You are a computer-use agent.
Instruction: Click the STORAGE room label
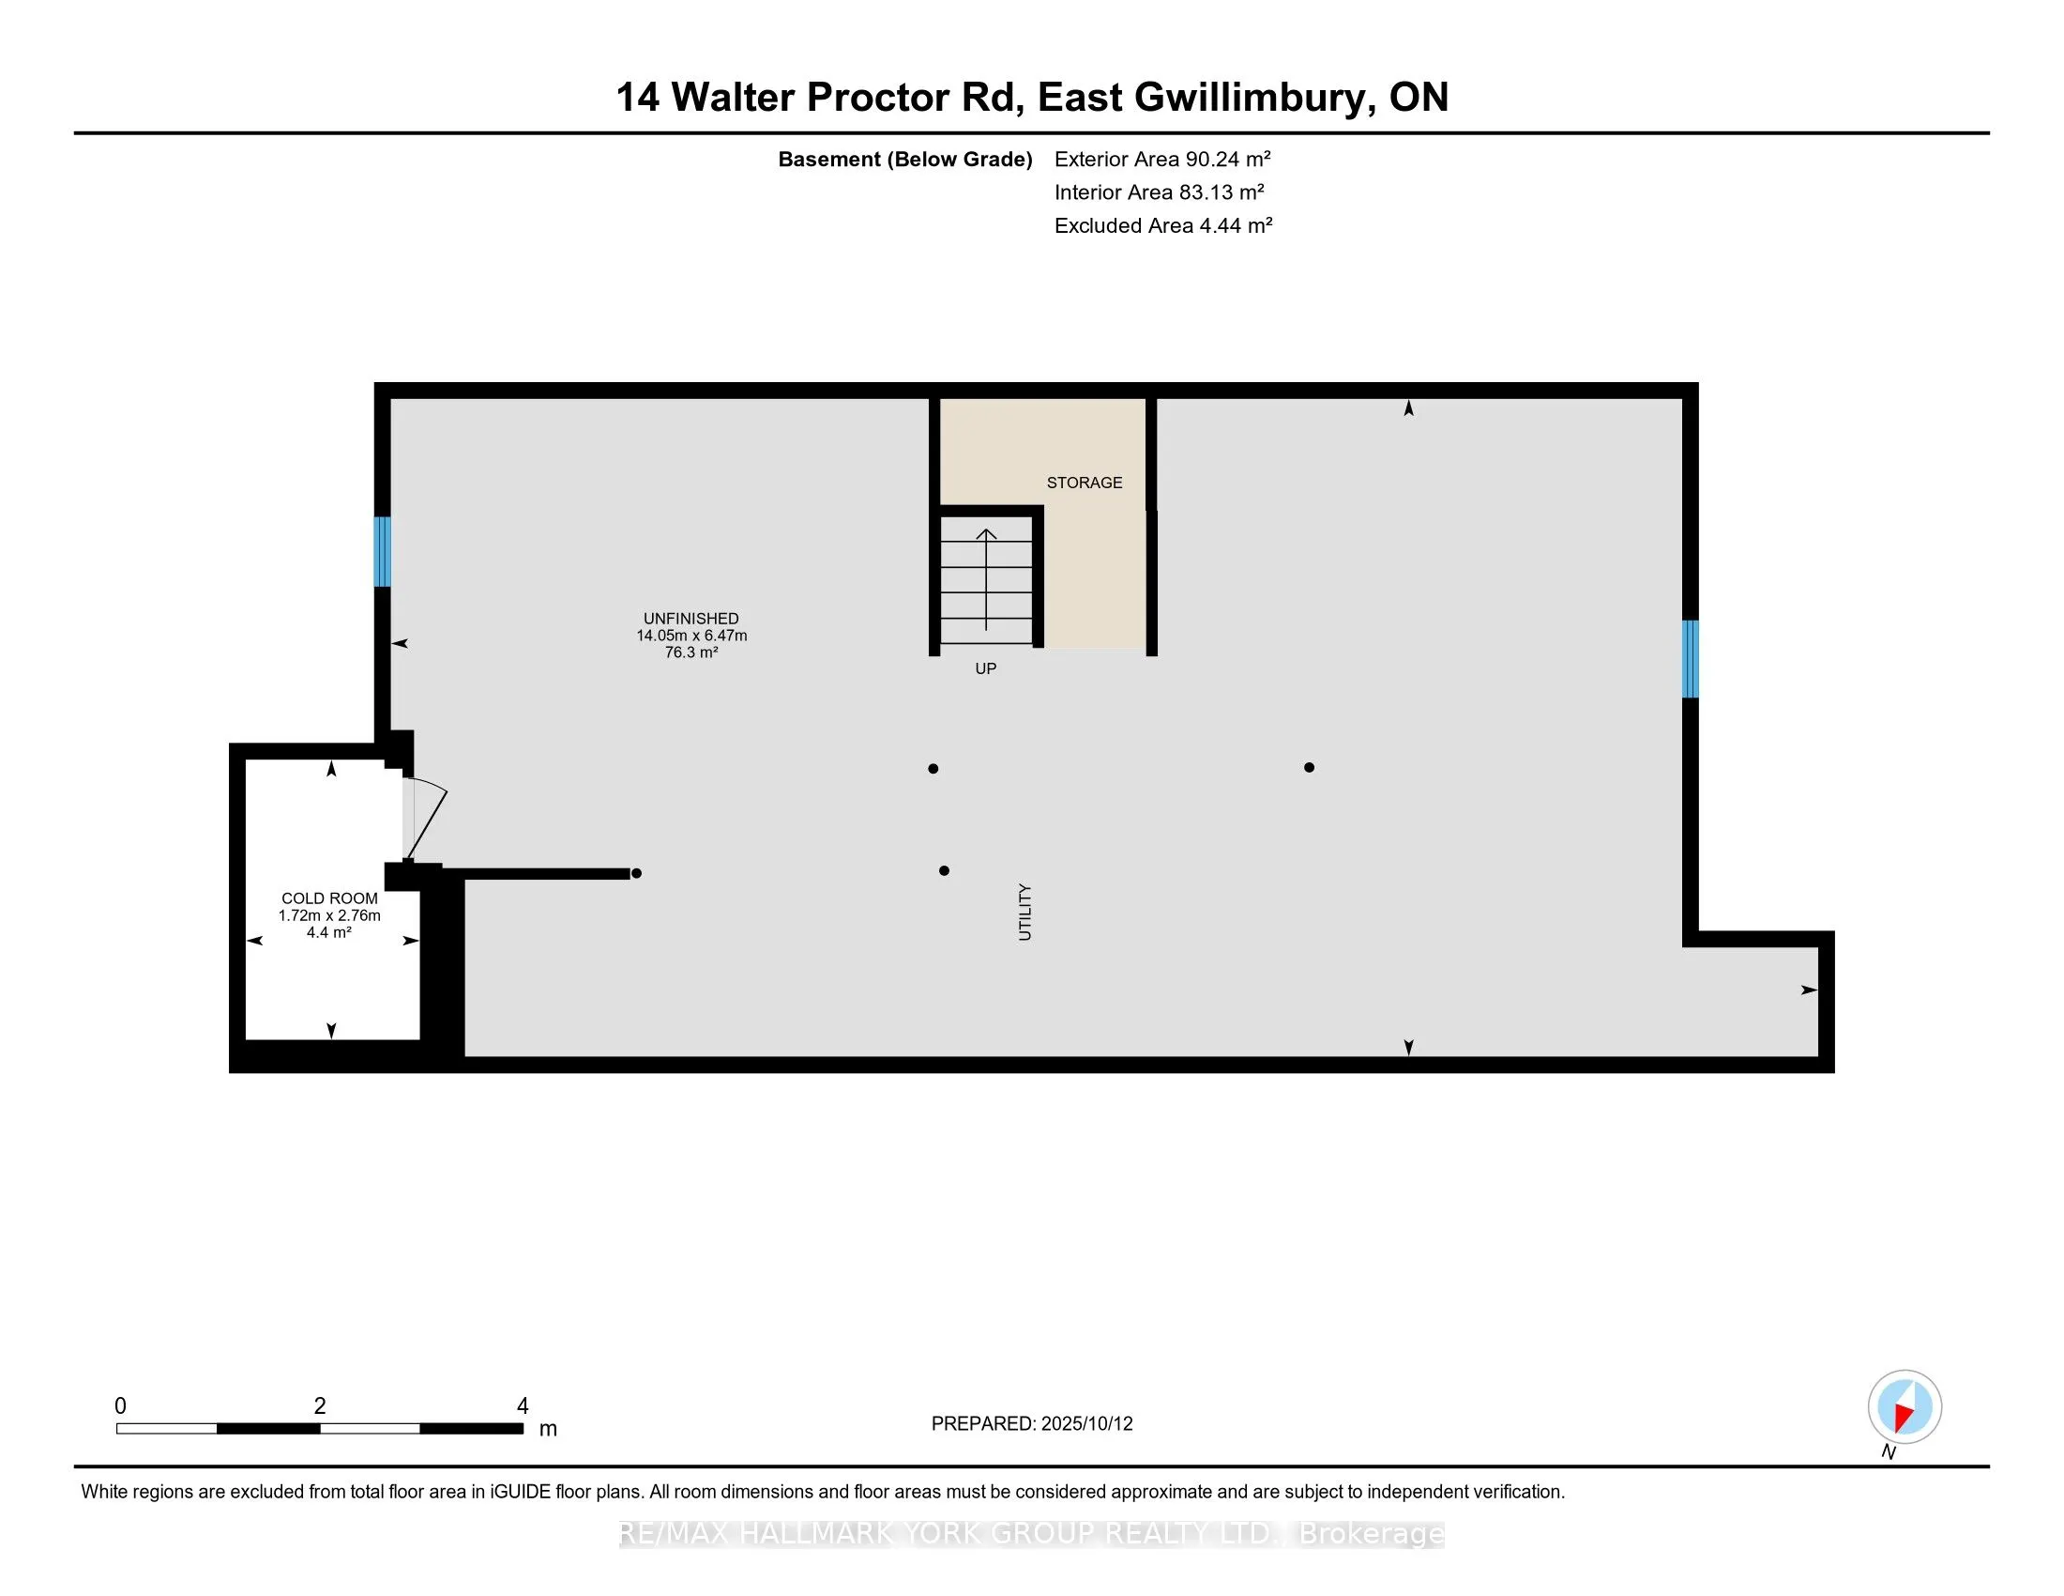pos(1084,483)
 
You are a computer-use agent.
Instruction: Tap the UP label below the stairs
pos(986,668)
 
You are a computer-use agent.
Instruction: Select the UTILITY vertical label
pos(1025,913)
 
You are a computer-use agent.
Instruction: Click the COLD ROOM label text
pos(329,898)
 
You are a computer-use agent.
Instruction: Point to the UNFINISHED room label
pos(691,619)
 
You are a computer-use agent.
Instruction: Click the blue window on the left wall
pos(382,551)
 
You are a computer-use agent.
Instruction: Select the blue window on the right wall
pos(1690,658)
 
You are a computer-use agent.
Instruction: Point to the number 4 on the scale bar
pos(523,1406)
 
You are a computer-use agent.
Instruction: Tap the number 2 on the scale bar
pos(320,1406)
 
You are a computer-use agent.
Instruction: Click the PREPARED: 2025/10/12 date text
pos(1032,1424)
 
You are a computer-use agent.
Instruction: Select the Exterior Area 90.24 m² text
pos(1162,159)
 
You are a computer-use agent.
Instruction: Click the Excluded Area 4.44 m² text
pos(1163,225)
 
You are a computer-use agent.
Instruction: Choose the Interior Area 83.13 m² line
pos(1159,192)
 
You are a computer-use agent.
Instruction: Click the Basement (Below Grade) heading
pos(904,159)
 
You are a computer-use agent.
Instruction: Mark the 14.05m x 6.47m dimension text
pos(691,636)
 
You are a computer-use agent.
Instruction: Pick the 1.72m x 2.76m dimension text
pos(329,915)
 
